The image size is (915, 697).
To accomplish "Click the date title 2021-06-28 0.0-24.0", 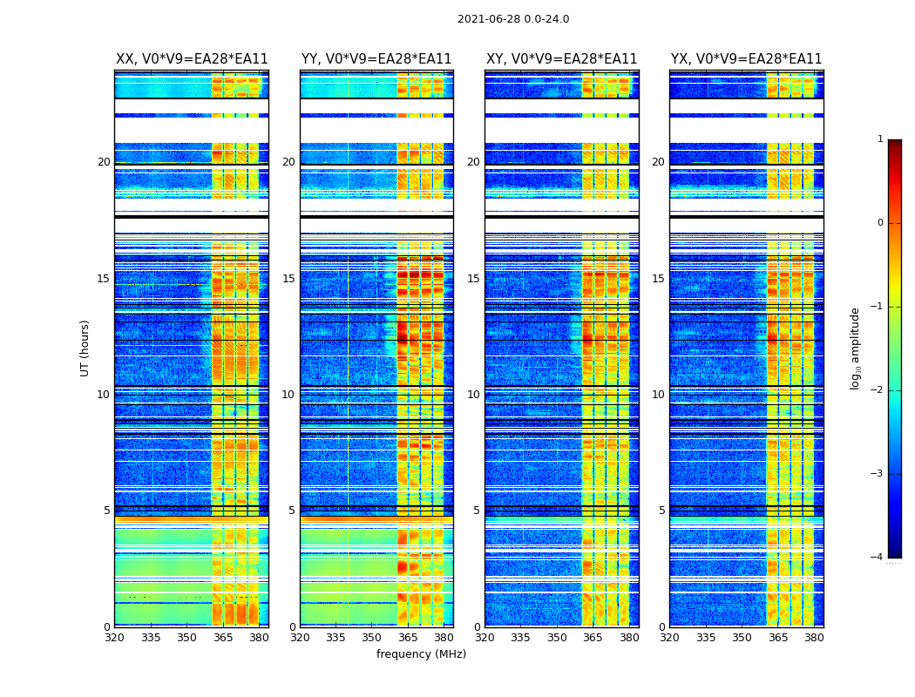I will pos(513,19).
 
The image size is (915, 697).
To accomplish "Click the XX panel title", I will pos(192,59).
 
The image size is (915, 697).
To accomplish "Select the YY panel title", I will pos(376,59).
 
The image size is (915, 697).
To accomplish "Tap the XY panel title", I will pos(561,59).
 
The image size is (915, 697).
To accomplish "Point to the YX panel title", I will pos(746,59).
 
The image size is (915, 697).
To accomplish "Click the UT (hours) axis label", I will pos(85,348).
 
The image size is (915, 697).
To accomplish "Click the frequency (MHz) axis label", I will pos(421,654).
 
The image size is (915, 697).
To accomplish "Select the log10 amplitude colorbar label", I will pos(856,348).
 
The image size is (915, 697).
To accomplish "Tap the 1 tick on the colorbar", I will pos(880,139).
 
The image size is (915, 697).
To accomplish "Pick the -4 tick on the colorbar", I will pos(878,558).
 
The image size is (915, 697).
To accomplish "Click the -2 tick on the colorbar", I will pos(878,390).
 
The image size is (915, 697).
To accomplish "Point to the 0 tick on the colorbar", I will pos(880,223).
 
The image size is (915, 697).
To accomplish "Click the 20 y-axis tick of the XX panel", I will pos(104,162).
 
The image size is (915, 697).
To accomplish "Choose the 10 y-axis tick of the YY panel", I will pos(288,395).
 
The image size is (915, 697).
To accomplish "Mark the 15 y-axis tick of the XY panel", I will pos(472,279).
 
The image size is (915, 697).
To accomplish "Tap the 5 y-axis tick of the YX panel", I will pos(661,511).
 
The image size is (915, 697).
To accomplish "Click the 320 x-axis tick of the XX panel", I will pos(114,638).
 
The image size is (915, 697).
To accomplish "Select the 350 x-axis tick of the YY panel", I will pos(371,638).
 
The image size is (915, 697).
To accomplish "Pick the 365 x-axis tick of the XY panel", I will pos(593,638).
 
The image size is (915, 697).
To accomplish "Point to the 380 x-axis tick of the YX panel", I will pos(814,638).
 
